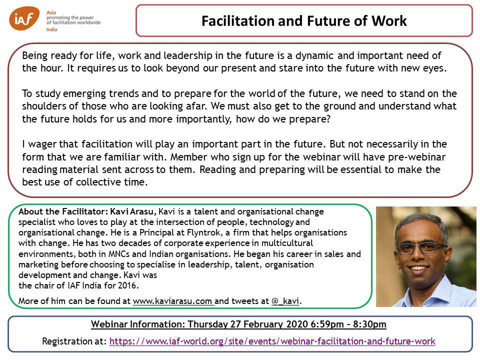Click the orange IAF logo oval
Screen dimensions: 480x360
[x=24, y=18]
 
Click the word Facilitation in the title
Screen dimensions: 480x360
[x=237, y=21]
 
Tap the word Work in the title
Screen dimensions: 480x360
[x=389, y=21]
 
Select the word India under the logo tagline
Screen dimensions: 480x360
[x=51, y=29]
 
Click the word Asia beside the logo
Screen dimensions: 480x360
[x=51, y=12]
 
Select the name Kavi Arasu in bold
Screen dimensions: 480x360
[x=133, y=211]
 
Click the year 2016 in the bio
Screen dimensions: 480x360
[x=129, y=285]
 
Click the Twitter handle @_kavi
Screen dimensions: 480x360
[x=285, y=301]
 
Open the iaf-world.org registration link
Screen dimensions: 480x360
[x=272, y=341]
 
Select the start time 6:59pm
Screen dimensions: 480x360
[x=327, y=324]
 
